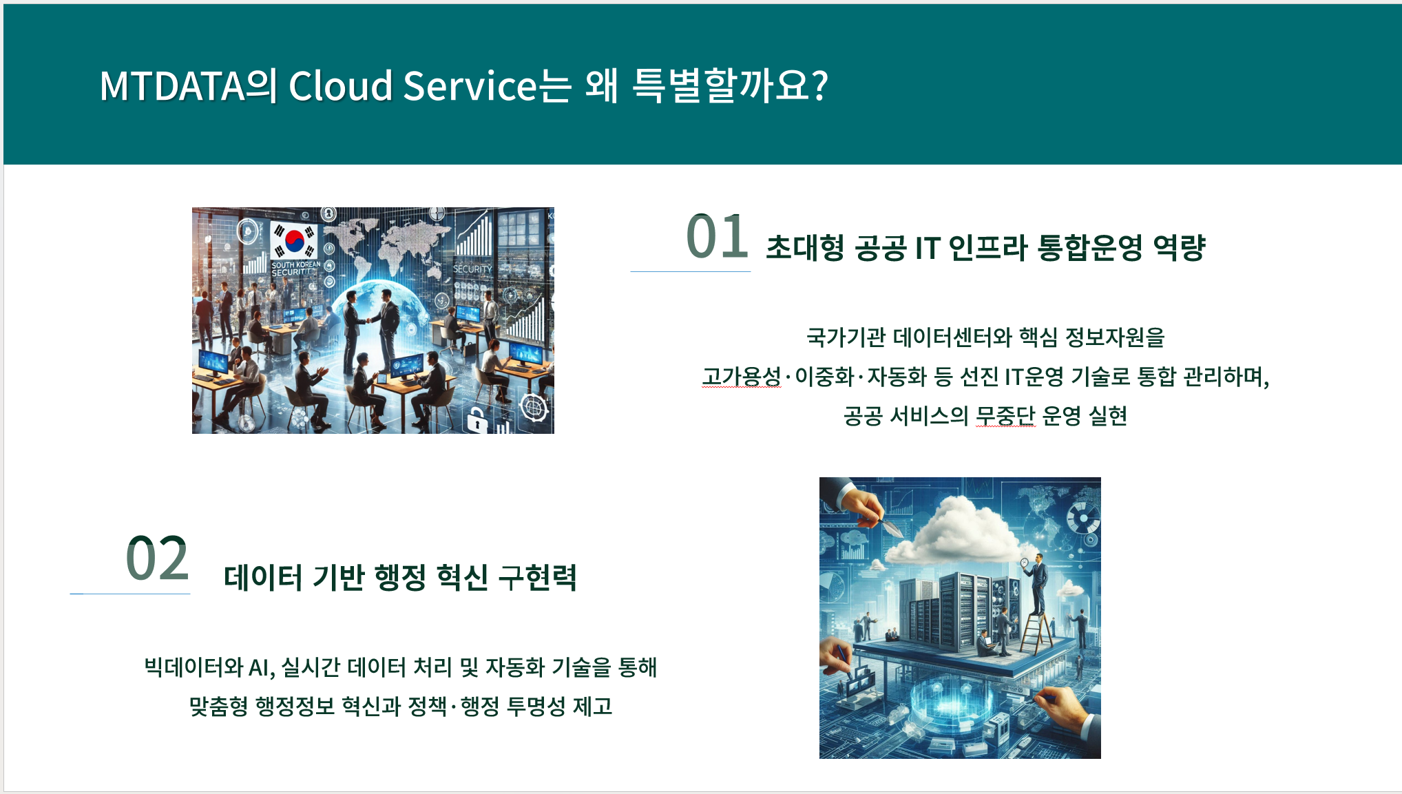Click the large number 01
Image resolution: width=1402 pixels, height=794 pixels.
pos(717,236)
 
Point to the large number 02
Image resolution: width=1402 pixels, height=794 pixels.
pos(157,558)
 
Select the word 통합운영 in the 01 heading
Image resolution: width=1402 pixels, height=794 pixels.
pos(1090,247)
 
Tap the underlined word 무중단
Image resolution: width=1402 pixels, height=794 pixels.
pos(1005,415)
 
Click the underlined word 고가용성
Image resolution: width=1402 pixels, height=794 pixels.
pos(742,376)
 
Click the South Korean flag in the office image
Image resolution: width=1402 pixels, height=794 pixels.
pos(294,240)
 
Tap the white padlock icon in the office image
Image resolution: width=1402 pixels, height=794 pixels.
pos(476,419)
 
